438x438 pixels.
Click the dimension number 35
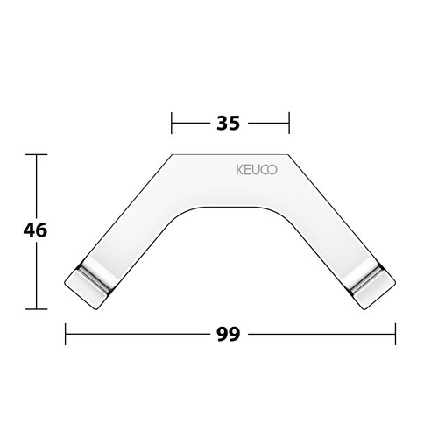coord(229,123)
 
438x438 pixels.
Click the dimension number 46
coord(35,230)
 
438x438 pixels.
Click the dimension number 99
coord(229,334)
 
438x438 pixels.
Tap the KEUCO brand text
coord(257,170)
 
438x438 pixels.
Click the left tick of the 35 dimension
coord(172,123)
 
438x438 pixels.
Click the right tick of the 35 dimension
coord(289,123)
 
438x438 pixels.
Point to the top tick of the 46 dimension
coord(36,154)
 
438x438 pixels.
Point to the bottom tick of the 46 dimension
coord(36,308)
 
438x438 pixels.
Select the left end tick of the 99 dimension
coord(66,334)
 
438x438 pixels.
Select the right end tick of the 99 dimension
coord(395,334)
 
